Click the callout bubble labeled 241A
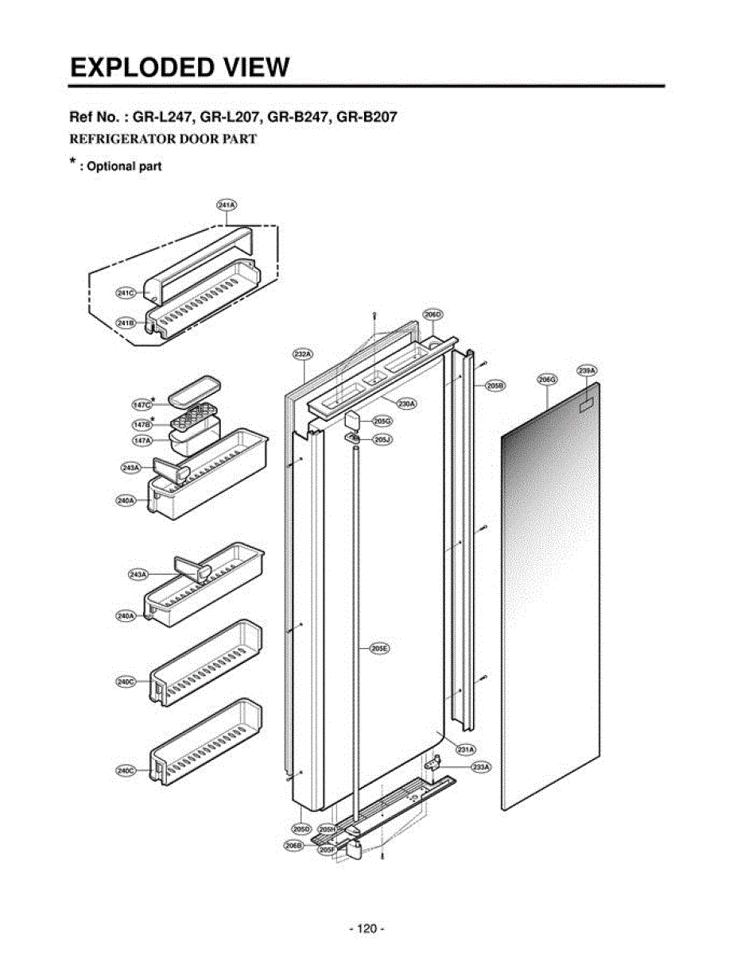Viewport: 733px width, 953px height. pos(226,205)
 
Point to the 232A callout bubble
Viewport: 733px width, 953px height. pos(302,353)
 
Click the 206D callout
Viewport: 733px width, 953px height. pos(432,314)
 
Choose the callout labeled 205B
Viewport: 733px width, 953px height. pos(494,385)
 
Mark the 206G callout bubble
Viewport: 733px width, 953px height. pos(547,380)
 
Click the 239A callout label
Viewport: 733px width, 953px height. pos(588,371)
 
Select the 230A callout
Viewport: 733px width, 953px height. pos(406,403)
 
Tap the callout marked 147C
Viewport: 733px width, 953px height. pos(142,404)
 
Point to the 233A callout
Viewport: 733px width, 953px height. pos(480,767)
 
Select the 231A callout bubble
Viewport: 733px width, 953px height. pos(465,749)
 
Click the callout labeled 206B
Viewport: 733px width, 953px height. pos(293,846)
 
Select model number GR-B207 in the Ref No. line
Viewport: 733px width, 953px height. pos(366,118)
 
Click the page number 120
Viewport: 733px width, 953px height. pos(366,928)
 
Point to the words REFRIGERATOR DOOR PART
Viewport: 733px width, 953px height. pos(163,139)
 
